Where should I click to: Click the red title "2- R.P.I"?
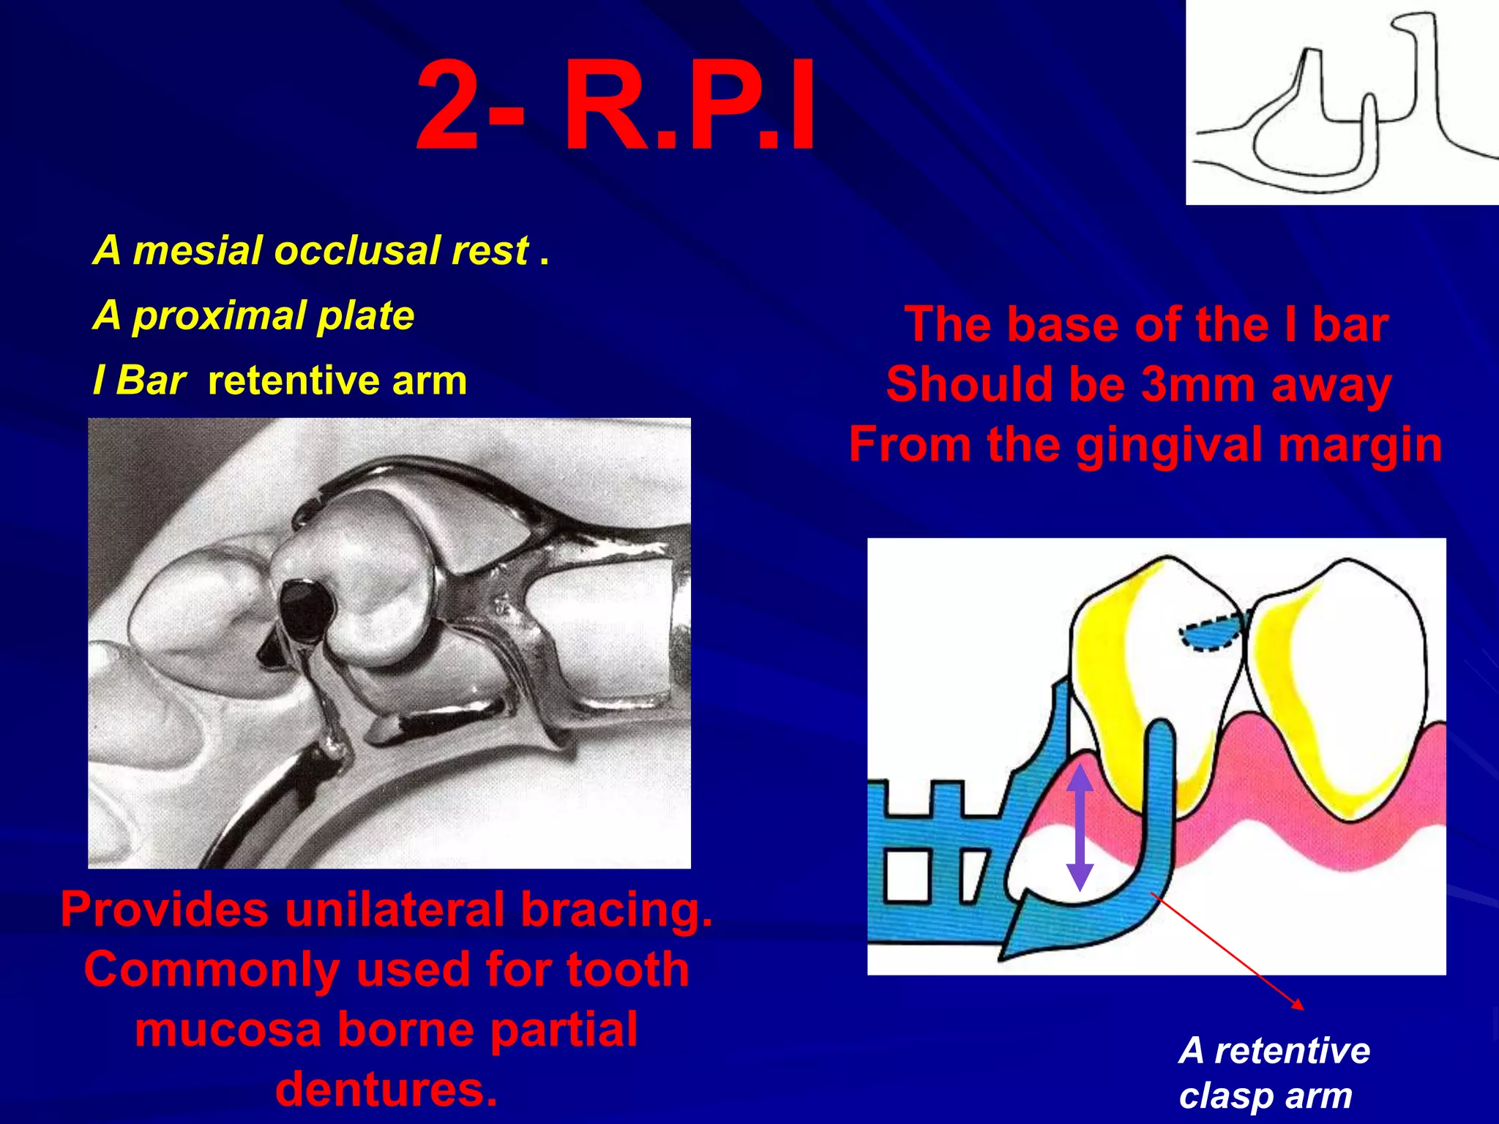(x=615, y=108)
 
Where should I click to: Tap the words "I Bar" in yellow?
(x=139, y=381)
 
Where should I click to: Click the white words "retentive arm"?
(x=337, y=381)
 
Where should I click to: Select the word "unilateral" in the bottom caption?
(x=395, y=910)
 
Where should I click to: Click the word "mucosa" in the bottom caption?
(x=228, y=1029)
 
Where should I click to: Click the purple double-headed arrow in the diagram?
(x=1080, y=827)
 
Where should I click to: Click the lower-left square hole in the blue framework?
(x=908, y=875)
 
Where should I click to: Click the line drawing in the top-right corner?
(x=1341, y=102)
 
